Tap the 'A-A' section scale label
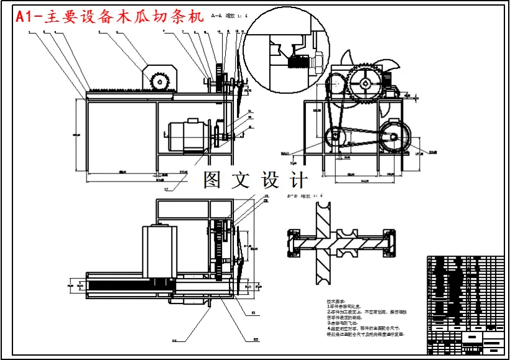pos(228,15)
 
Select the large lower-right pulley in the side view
pos(393,135)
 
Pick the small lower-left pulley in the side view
pos(336,135)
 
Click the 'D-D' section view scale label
pos(301,195)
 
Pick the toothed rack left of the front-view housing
pos(118,91)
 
